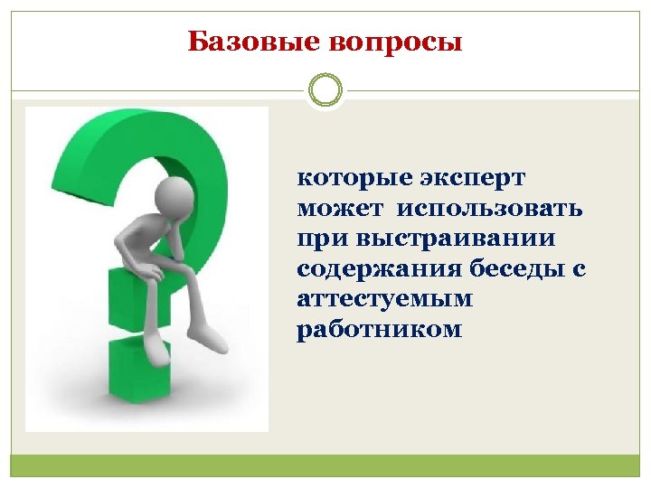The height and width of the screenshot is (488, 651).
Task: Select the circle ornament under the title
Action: tap(325, 90)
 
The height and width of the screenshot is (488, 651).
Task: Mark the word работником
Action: tap(379, 330)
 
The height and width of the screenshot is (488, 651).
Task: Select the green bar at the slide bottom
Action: tap(325, 465)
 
